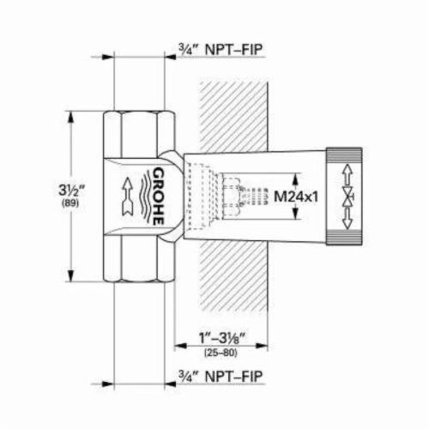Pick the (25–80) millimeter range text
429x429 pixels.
(x=221, y=353)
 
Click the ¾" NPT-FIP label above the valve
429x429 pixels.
(x=220, y=50)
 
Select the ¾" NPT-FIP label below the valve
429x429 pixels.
(x=220, y=376)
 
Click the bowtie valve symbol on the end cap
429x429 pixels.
(x=348, y=196)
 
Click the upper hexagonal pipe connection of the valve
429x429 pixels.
(x=139, y=133)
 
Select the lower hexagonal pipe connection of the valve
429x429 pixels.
(x=139, y=260)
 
